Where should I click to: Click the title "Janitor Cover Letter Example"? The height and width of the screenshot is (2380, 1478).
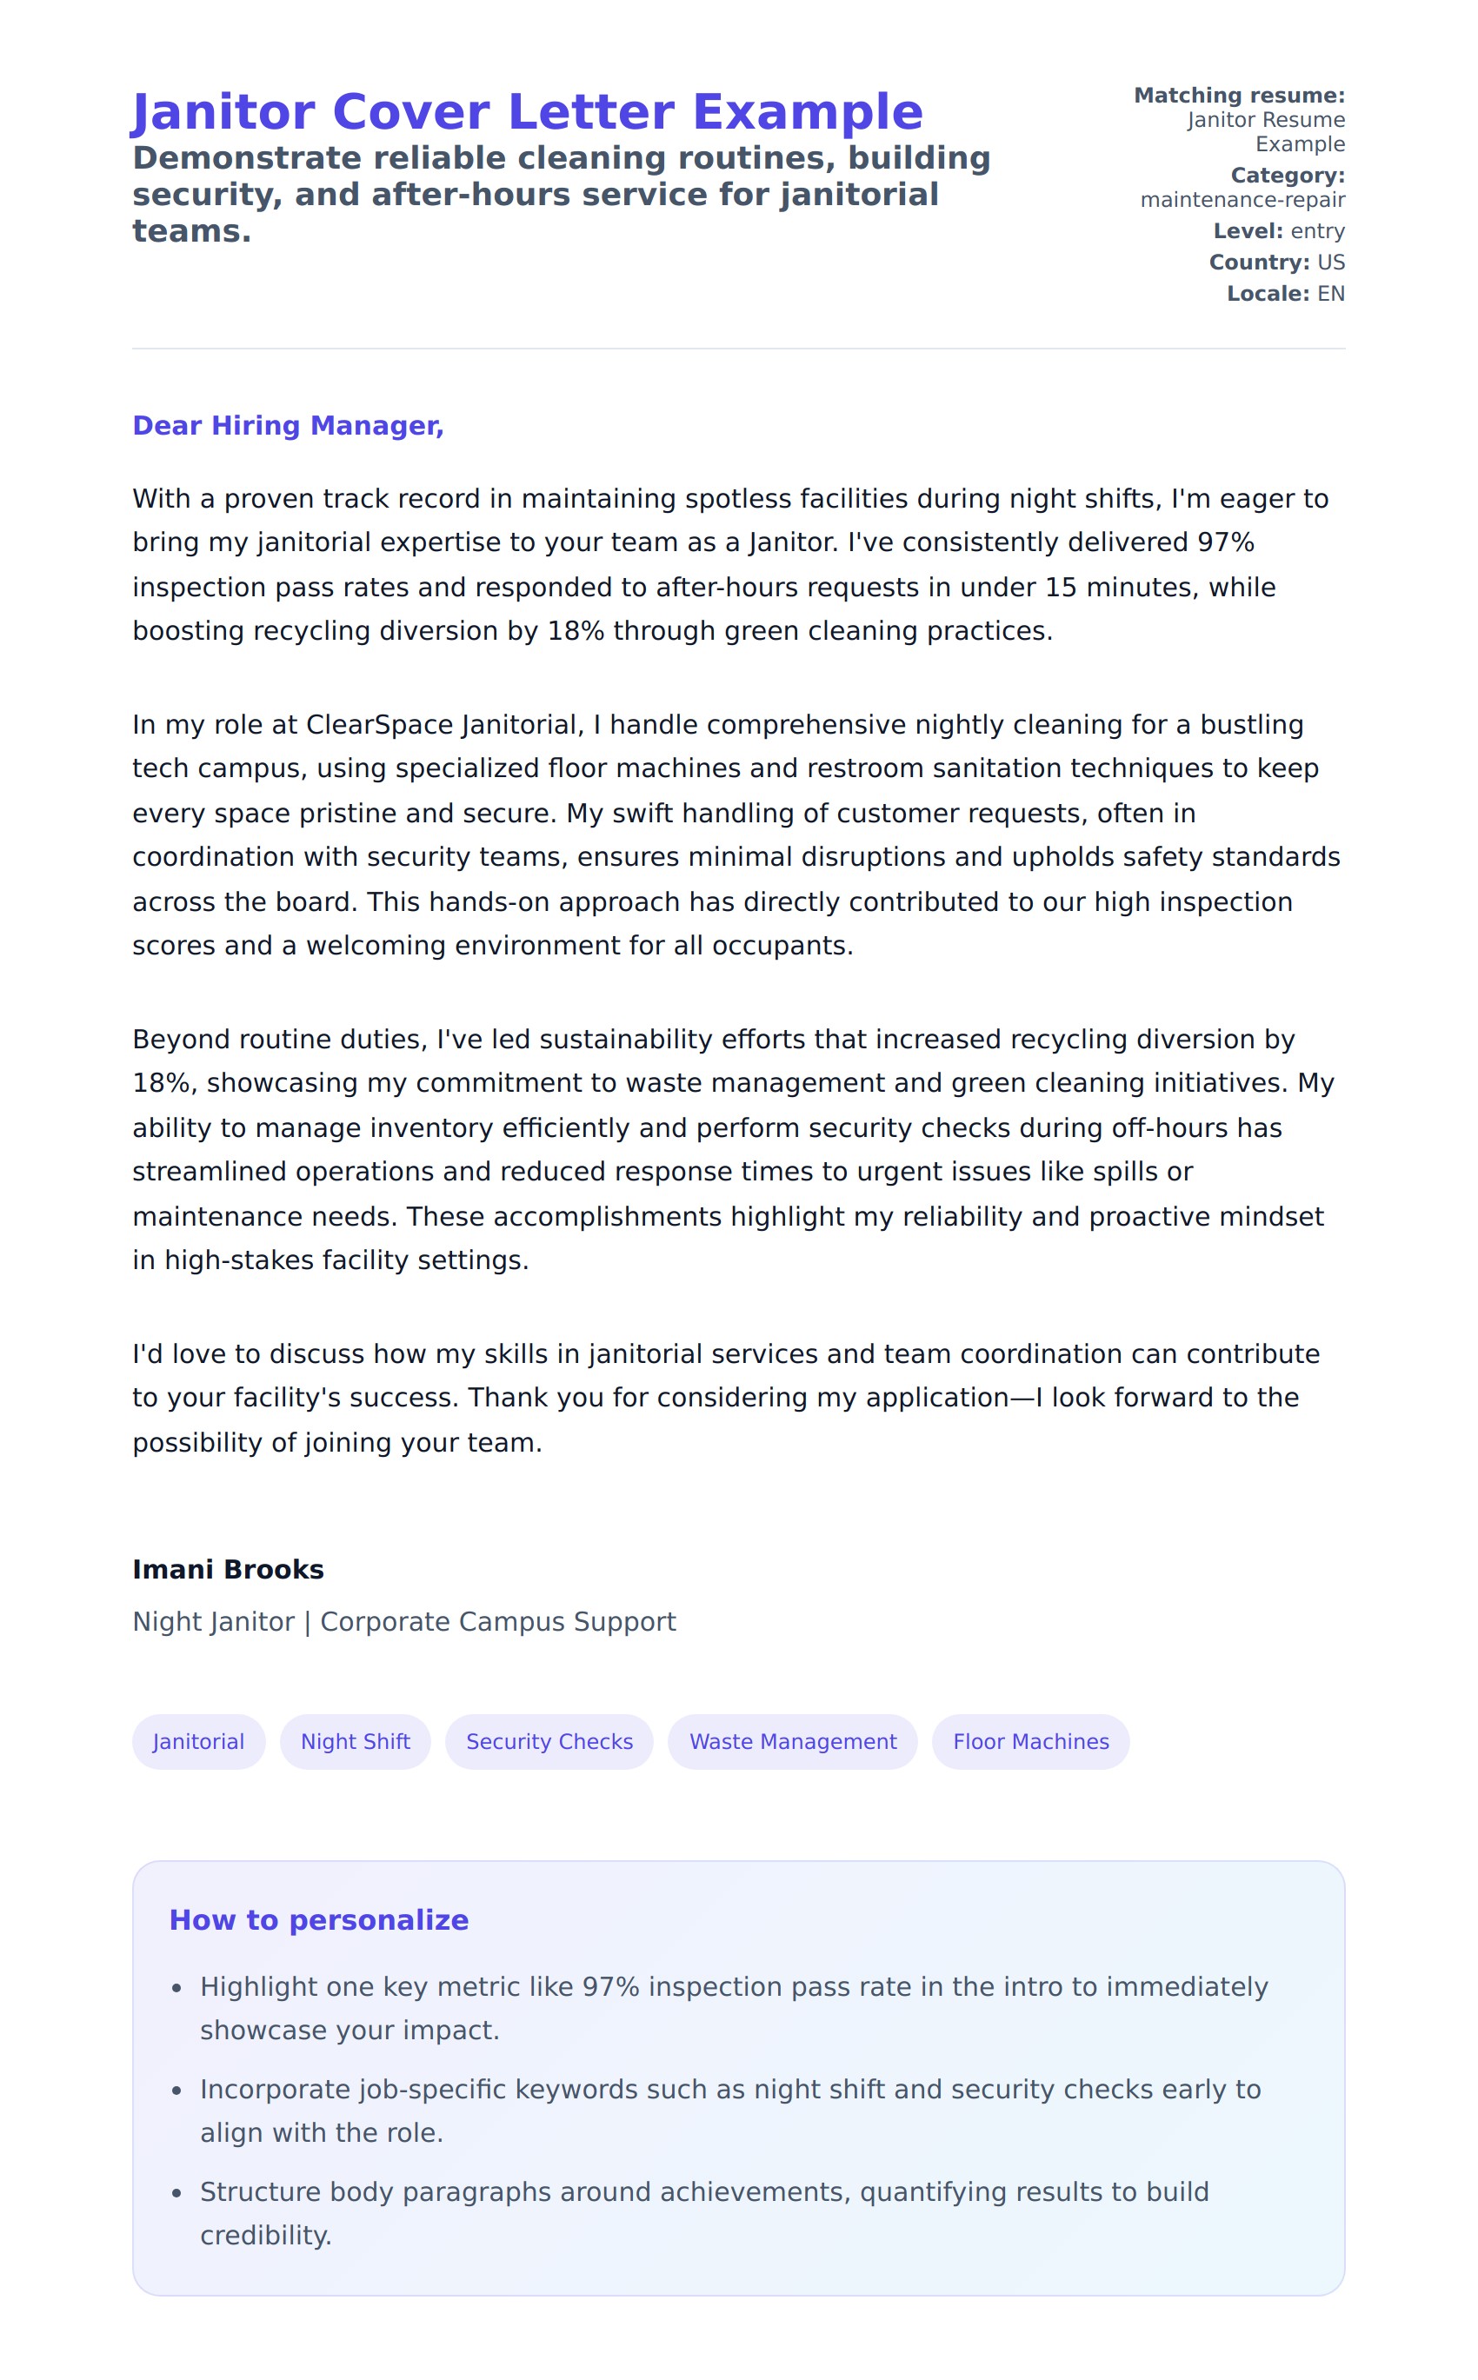coord(527,112)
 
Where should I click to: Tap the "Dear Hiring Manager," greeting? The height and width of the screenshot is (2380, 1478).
coord(288,426)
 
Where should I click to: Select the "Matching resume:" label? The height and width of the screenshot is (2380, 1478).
coord(1239,96)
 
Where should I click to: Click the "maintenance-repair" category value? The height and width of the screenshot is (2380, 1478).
coord(1242,200)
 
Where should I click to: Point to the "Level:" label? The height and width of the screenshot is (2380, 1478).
coord(1248,231)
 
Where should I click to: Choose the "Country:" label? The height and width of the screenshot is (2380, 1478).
coord(1258,263)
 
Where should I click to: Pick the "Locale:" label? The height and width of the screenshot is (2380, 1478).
coord(1267,294)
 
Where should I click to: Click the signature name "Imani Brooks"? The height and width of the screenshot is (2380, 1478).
coord(228,1569)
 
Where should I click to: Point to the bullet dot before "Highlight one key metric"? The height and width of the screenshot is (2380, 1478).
coord(177,1988)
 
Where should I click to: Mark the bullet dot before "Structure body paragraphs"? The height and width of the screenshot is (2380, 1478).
coord(177,2193)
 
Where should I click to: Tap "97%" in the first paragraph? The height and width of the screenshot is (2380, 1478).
coord(1226,542)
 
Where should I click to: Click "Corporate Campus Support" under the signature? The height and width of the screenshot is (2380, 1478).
coord(497,1622)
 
